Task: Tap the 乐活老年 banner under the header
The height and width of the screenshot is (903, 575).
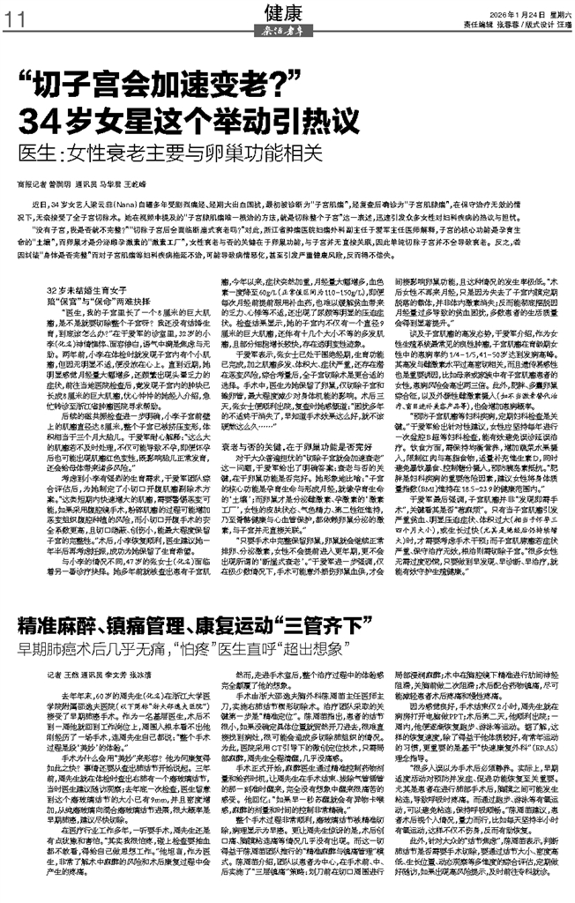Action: pos(288,30)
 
